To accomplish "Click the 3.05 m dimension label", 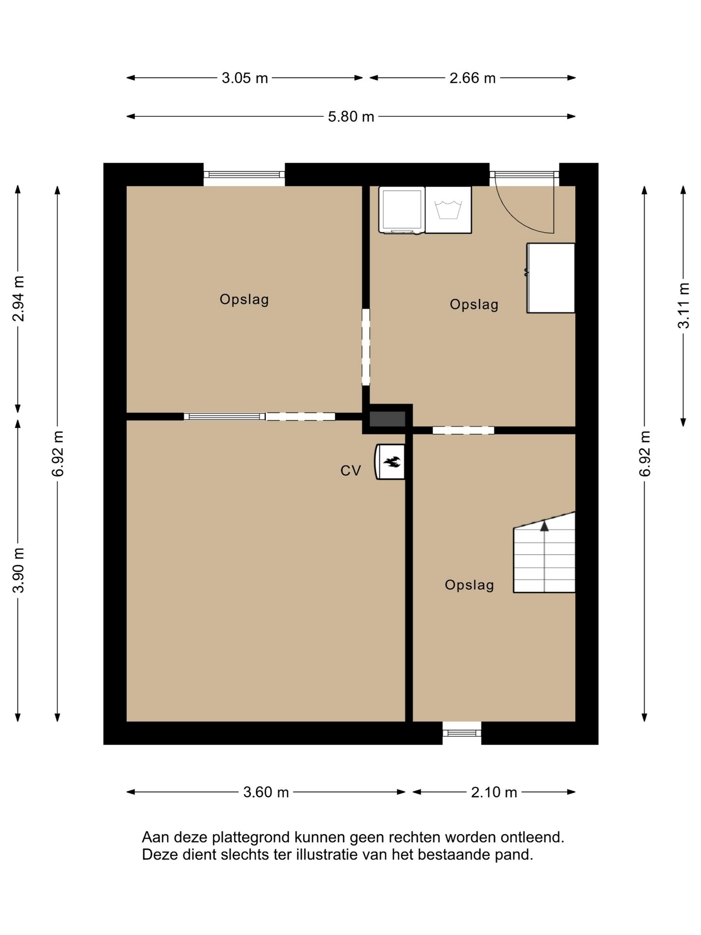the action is [x=245, y=78].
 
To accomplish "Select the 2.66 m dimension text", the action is [x=472, y=78].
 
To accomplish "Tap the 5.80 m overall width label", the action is [x=351, y=117].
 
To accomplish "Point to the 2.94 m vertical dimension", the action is [x=18, y=299].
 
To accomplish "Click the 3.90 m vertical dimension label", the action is [x=18, y=570].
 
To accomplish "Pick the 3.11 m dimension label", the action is [x=684, y=305].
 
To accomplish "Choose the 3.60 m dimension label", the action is [x=266, y=792].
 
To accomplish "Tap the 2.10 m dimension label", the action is [x=494, y=792].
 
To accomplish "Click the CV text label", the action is [x=350, y=470].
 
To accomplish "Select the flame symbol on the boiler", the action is [x=392, y=461].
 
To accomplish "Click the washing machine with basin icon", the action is [x=448, y=210].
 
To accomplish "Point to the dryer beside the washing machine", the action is [x=402, y=210].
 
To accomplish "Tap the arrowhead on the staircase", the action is [x=544, y=525].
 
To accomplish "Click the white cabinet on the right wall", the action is [x=551, y=278].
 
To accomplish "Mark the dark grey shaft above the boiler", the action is [x=387, y=419].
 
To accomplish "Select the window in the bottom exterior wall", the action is [x=462, y=733].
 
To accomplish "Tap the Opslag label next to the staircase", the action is [x=469, y=585].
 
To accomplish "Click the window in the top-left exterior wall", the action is [x=244, y=175].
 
